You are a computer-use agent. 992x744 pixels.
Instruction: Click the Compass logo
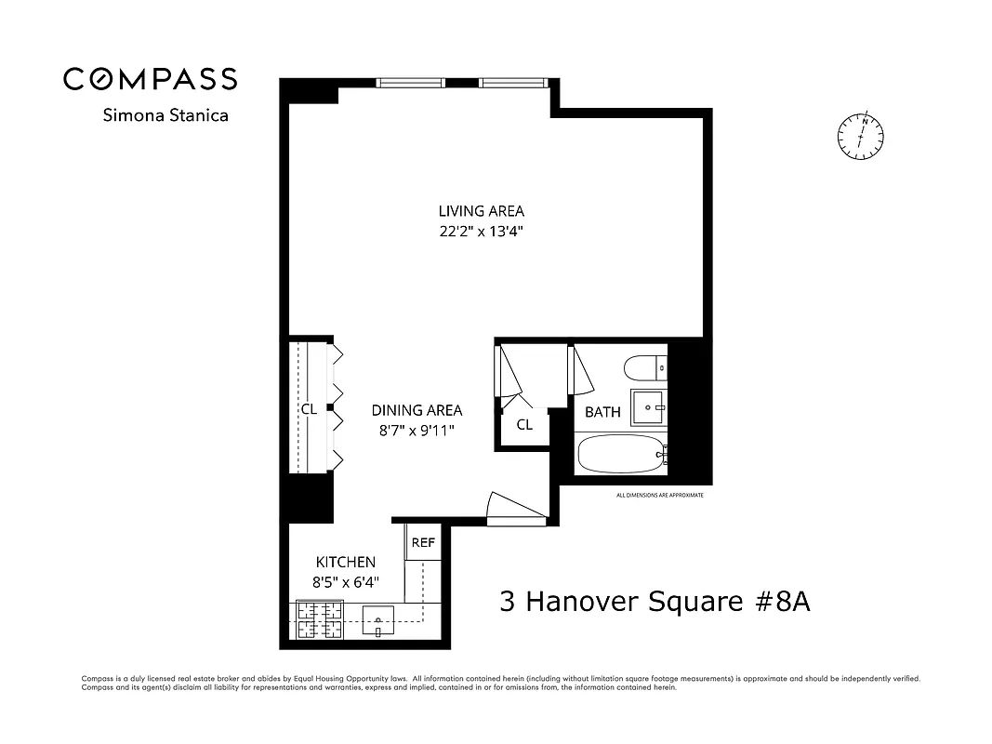[150, 79]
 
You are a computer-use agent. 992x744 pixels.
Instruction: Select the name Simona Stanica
[165, 116]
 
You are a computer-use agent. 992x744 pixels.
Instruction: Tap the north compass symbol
[860, 136]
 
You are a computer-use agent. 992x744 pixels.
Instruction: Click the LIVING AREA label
[481, 211]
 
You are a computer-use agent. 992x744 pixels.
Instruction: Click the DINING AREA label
[417, 410]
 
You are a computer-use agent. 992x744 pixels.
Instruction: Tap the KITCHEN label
[346, 562]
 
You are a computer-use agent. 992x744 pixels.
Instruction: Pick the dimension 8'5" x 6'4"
[346, 582]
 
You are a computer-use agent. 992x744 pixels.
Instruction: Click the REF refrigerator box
[423, 543]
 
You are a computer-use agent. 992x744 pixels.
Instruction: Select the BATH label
[602, 412]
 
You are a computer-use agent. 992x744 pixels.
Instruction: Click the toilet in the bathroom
[646, 369]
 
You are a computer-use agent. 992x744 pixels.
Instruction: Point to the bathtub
[621, 454]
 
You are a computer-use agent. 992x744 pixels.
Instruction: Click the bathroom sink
[649, 407]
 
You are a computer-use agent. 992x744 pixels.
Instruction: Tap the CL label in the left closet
[308, 409]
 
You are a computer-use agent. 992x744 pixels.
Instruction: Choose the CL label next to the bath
[524, 425]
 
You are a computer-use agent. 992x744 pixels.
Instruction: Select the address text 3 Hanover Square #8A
[655, 601]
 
